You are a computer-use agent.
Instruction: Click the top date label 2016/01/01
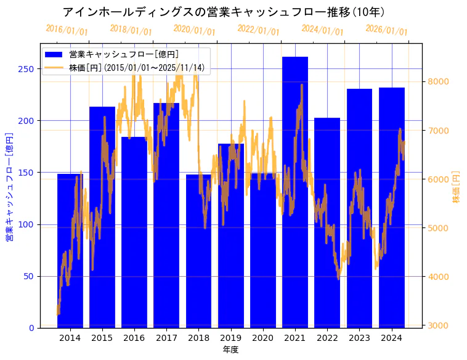[67, 30]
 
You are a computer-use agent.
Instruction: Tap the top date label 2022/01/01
[258, 30]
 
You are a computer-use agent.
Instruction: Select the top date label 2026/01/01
[386, 30]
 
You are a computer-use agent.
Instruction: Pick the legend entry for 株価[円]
[136, 67]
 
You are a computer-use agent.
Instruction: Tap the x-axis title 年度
[230, 350]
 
